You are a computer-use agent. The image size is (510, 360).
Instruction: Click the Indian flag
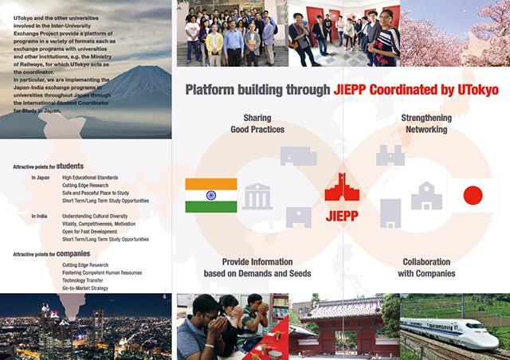coord(210,195)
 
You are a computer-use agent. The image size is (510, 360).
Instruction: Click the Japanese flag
coord(473,195)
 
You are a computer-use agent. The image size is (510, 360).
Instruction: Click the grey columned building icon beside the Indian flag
coord(257,196)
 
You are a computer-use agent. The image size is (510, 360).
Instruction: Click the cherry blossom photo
coord(455,33)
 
